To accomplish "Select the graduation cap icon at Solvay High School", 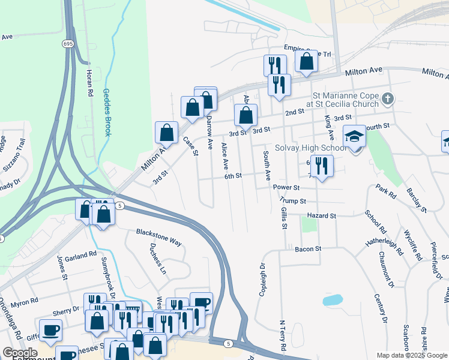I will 354,136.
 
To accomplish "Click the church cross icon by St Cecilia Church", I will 388,98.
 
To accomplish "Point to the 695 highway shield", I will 67,43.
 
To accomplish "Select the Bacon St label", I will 308,248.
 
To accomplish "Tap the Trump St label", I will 294,201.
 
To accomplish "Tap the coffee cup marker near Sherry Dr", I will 50,329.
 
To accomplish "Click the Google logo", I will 19,353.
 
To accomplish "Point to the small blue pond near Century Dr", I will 331,299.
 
